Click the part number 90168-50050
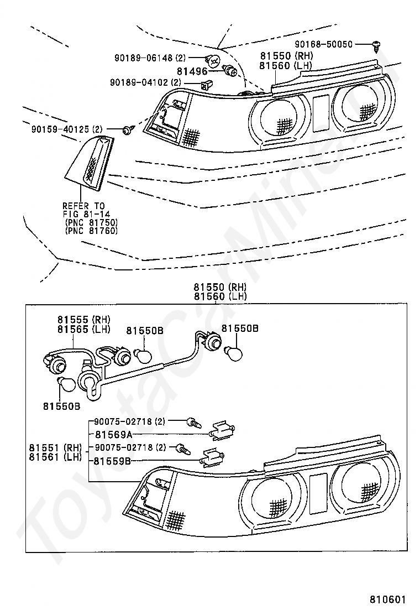(x=324, y=44)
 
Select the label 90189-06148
(x=144, y=58)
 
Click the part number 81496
(x=192, y=71)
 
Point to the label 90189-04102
(x=141, y=82)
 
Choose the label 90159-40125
(x=61, y=129)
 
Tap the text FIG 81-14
(x=86, y=214)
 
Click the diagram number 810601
(x=388, y=600)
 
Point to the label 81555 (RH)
(x=84, y=320)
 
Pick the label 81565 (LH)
(x=84, y=330)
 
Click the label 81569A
(x=114, y=434)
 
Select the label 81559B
(x=112, y=461)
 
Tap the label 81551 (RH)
(x=55, y=447)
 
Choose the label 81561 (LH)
(x=55, y=457)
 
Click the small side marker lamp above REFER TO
(x=90, y=163)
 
